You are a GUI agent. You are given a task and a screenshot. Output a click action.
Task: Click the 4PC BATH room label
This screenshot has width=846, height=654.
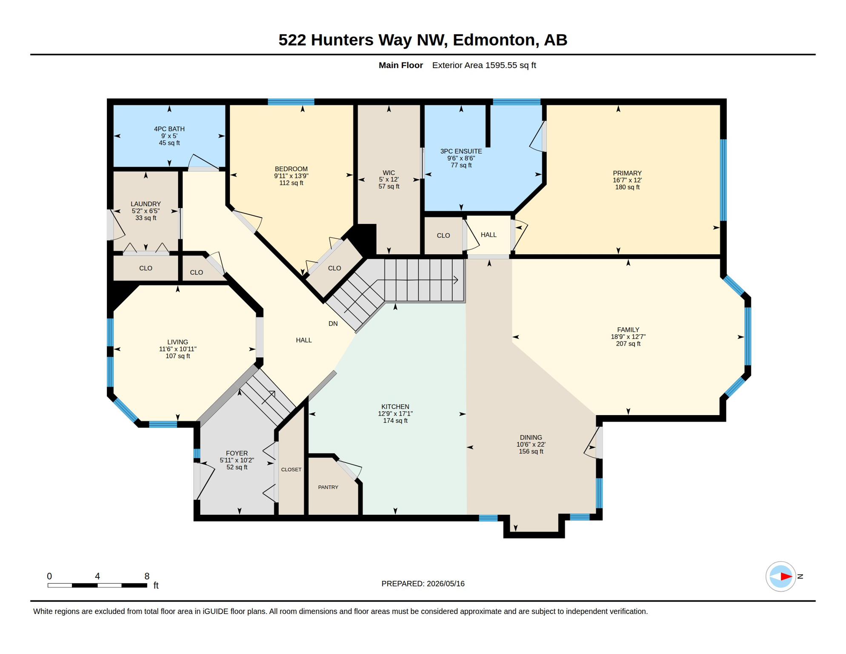169,129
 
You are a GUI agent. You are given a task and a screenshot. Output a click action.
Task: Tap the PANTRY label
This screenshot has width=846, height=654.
328,487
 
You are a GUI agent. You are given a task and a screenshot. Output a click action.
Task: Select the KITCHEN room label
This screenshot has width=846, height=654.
395,407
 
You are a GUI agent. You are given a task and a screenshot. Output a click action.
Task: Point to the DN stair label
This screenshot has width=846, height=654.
333,324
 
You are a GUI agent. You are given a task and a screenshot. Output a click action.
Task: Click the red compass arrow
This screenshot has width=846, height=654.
786,577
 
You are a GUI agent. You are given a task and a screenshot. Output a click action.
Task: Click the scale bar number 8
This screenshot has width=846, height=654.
147,576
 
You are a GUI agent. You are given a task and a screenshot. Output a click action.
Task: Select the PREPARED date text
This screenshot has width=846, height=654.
423,584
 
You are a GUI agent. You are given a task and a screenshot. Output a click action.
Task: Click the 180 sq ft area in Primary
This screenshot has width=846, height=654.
627,187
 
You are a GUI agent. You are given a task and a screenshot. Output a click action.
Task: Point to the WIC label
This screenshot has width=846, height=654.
389,173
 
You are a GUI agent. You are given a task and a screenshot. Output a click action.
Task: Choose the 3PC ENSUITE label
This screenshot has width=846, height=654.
461,151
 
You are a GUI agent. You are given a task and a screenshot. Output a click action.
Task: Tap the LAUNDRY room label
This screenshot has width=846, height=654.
146,204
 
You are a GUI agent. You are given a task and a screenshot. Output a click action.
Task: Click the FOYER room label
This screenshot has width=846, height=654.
237,453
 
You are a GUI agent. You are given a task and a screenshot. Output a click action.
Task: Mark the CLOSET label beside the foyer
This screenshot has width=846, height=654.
291,470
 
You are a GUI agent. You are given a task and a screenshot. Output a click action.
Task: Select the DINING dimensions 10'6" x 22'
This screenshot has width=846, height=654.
531,445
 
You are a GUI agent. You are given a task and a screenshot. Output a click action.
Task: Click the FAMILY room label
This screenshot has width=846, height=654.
628,330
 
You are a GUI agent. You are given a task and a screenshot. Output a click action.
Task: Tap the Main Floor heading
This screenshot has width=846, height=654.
401,65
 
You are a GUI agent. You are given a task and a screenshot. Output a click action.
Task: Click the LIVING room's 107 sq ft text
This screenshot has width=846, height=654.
178,356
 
